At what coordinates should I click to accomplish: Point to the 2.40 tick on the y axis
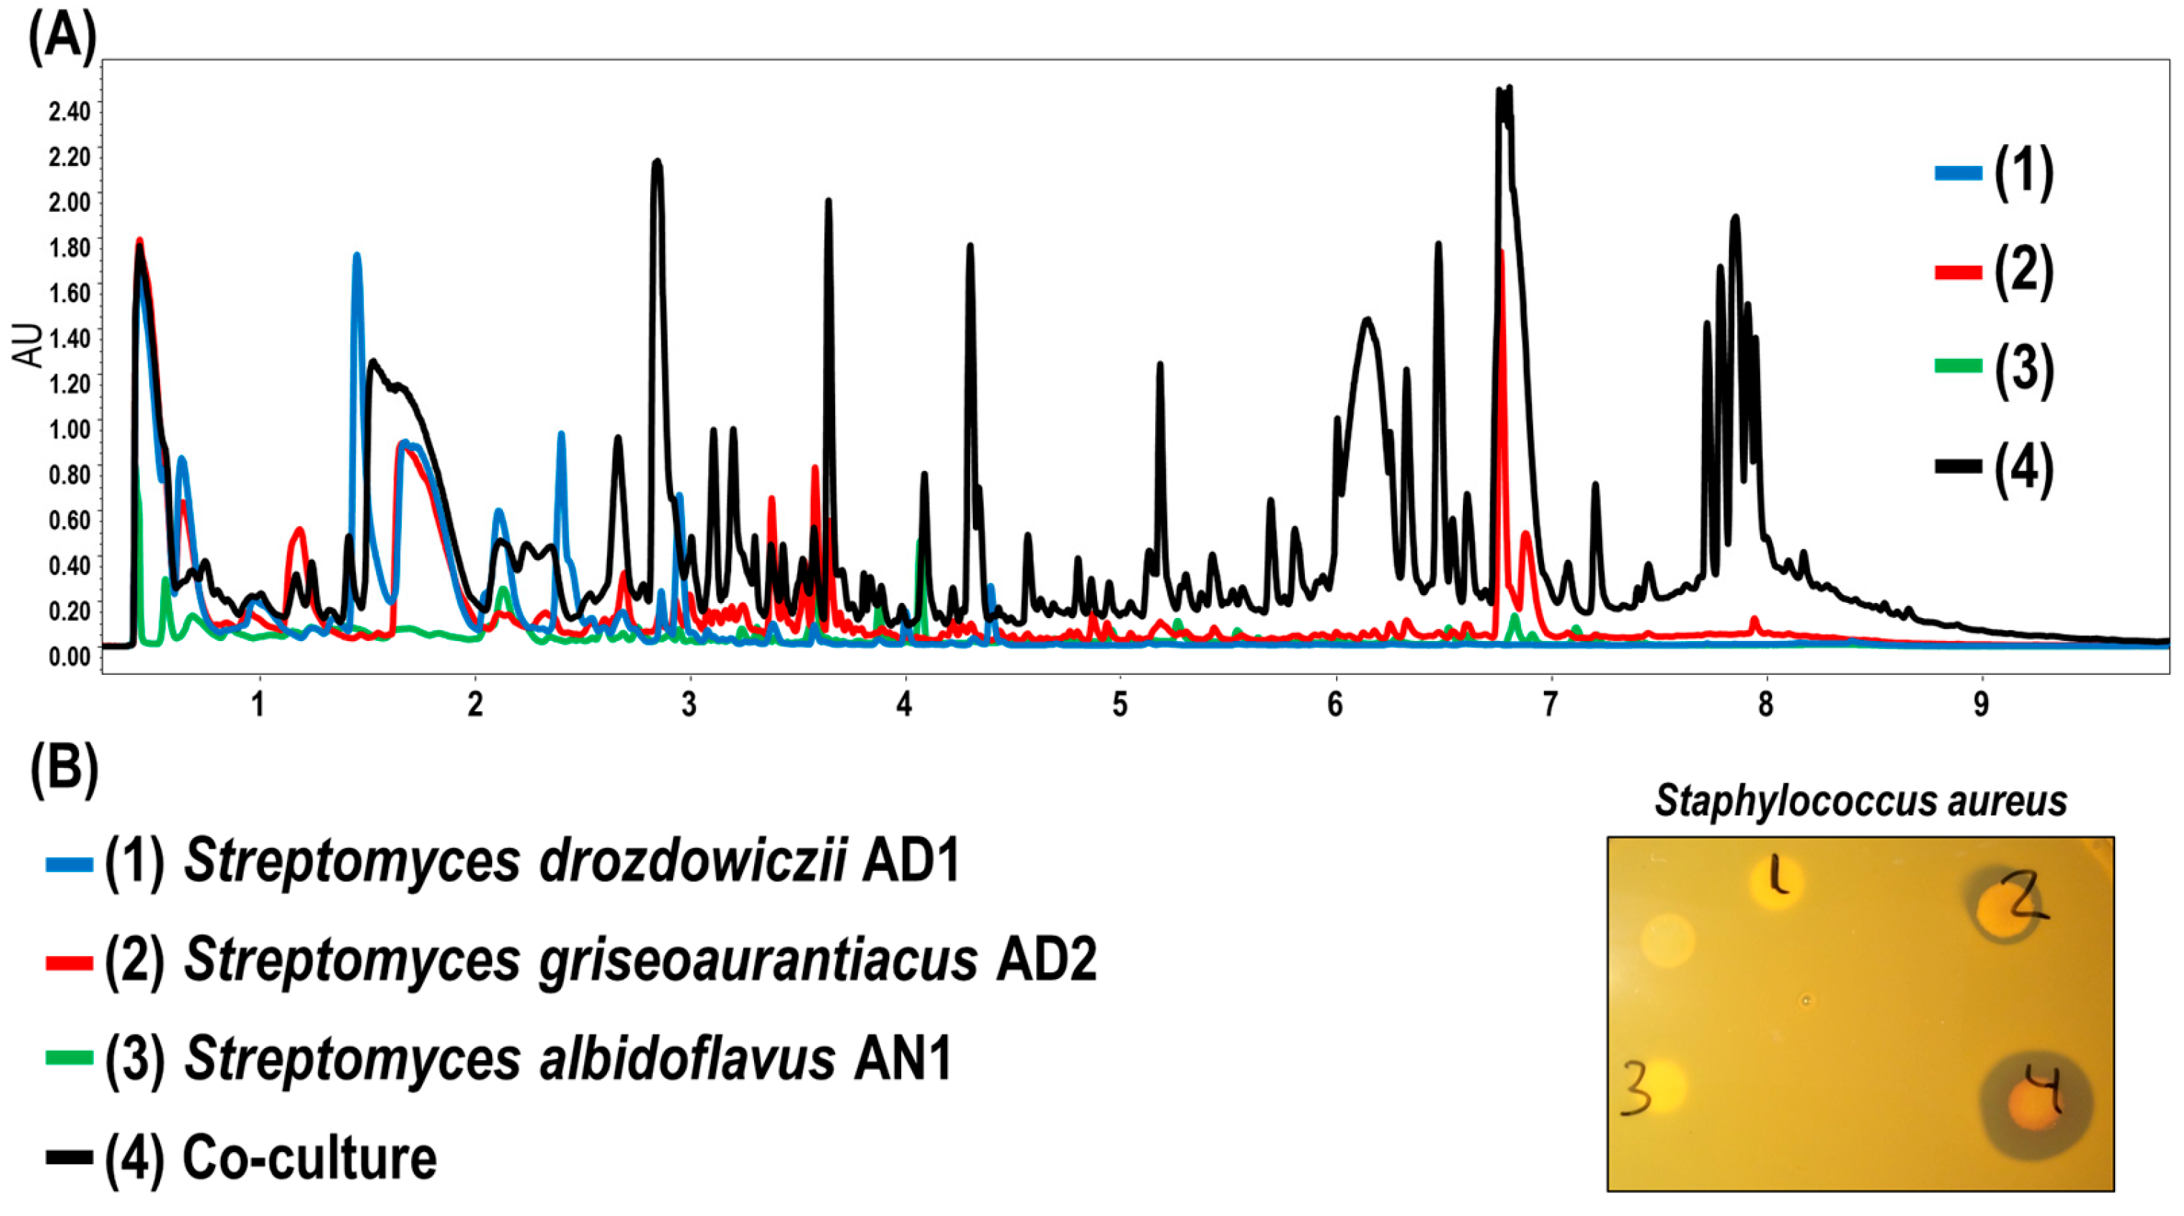70,111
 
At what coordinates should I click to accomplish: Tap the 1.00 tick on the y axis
70,429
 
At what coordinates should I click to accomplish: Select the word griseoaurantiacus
580,960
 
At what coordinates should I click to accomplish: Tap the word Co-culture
309,1157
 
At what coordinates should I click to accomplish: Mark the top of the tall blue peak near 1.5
357,256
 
